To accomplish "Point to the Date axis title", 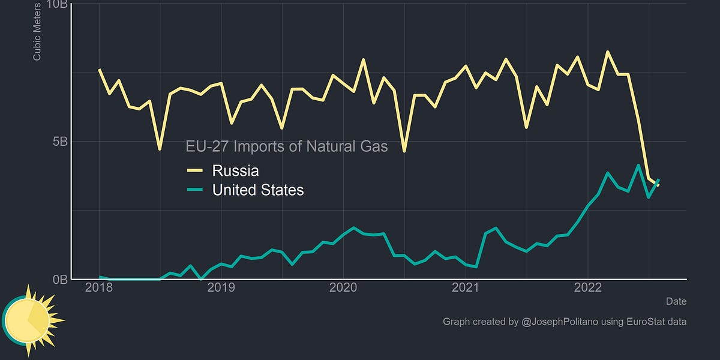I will pos(676,301).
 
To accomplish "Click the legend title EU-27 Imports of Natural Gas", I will pos(286,146).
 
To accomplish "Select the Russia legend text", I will pos(235,170).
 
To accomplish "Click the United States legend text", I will pos(258,190).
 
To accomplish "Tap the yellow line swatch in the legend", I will pos(196,171).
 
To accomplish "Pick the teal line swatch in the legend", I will pos(196,190).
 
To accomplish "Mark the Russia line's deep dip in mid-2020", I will pos(404,151).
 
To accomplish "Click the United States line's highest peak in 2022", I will pos(638,166).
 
